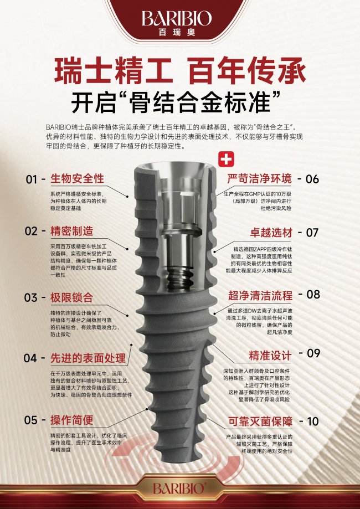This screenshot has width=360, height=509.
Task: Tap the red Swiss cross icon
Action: (226, 159)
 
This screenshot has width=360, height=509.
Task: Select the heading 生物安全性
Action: (77, 178)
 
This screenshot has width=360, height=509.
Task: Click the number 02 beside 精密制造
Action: (31, 231)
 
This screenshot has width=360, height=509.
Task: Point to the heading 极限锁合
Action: (72, 297)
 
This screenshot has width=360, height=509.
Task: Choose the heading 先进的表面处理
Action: (88, 358)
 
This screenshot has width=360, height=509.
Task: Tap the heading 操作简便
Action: (72, 420)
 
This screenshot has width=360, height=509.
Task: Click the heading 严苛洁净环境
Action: (259, 179)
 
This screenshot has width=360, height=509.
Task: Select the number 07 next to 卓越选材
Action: (312, 233)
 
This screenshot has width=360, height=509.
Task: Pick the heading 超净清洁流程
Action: (260, 295)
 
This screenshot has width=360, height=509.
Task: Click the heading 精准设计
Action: (270, 356)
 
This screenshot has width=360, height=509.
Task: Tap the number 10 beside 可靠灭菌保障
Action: (313, 421)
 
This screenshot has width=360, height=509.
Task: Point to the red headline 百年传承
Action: (248, 70)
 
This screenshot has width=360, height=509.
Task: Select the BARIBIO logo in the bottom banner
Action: (178, 488)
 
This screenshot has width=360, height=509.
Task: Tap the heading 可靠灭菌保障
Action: (260, 421)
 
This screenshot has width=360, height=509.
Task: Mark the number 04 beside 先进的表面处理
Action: (30, 358)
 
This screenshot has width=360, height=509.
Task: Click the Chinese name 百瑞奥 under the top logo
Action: (177, 33)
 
